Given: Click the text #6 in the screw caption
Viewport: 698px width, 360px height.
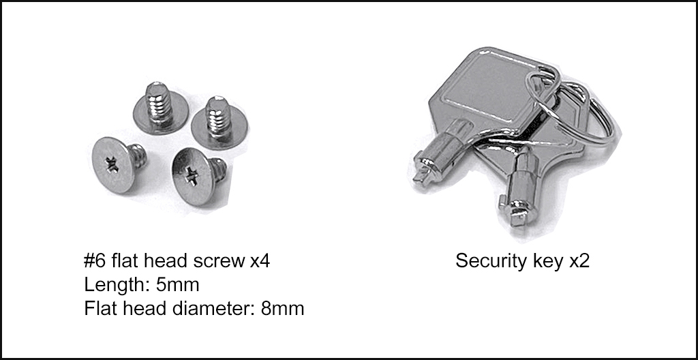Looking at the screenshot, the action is [94, 261].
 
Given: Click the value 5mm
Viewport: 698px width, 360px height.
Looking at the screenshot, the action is [177, 285].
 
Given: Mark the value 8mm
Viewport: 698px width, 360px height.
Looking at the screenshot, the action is [282, 308].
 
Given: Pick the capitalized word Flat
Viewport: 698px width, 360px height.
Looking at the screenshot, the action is [98, 308].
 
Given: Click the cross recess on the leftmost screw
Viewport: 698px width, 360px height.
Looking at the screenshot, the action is [111, 164].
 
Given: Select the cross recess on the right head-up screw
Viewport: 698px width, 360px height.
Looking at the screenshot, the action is [192, 175].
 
